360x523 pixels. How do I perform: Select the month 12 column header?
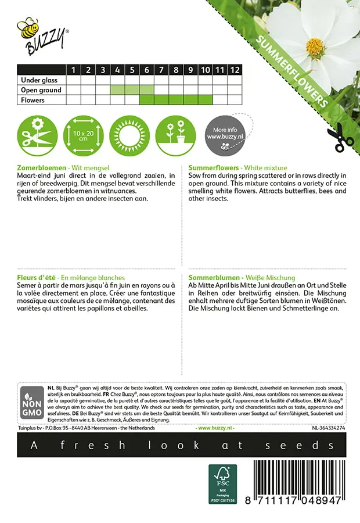(x=234, y=70)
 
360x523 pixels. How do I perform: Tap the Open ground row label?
(x=41, y=90)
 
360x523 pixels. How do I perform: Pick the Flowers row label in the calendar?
(x=33, y=100)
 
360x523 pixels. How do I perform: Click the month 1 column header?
(x=74, y=70)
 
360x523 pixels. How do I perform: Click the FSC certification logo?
(x=223, y=483)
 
